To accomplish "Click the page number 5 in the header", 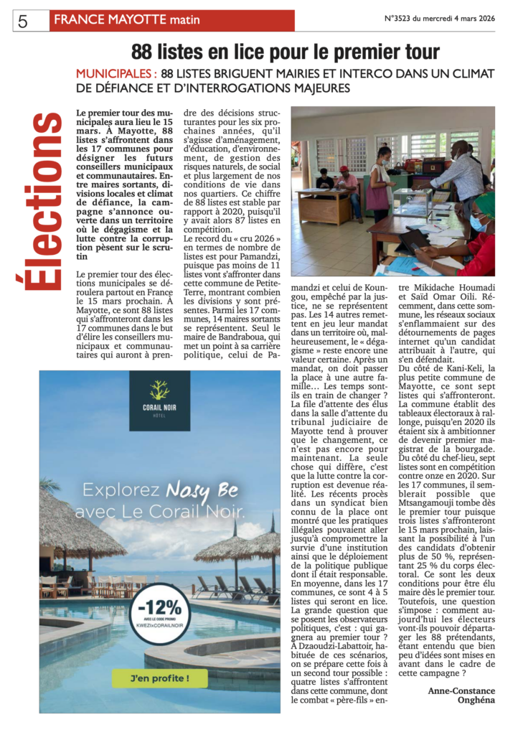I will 22,21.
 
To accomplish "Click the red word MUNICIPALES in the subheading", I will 116,73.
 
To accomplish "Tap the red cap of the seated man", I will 344,170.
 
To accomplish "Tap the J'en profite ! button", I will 159,677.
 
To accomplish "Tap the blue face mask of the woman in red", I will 477,225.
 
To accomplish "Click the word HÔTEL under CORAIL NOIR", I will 159,416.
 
